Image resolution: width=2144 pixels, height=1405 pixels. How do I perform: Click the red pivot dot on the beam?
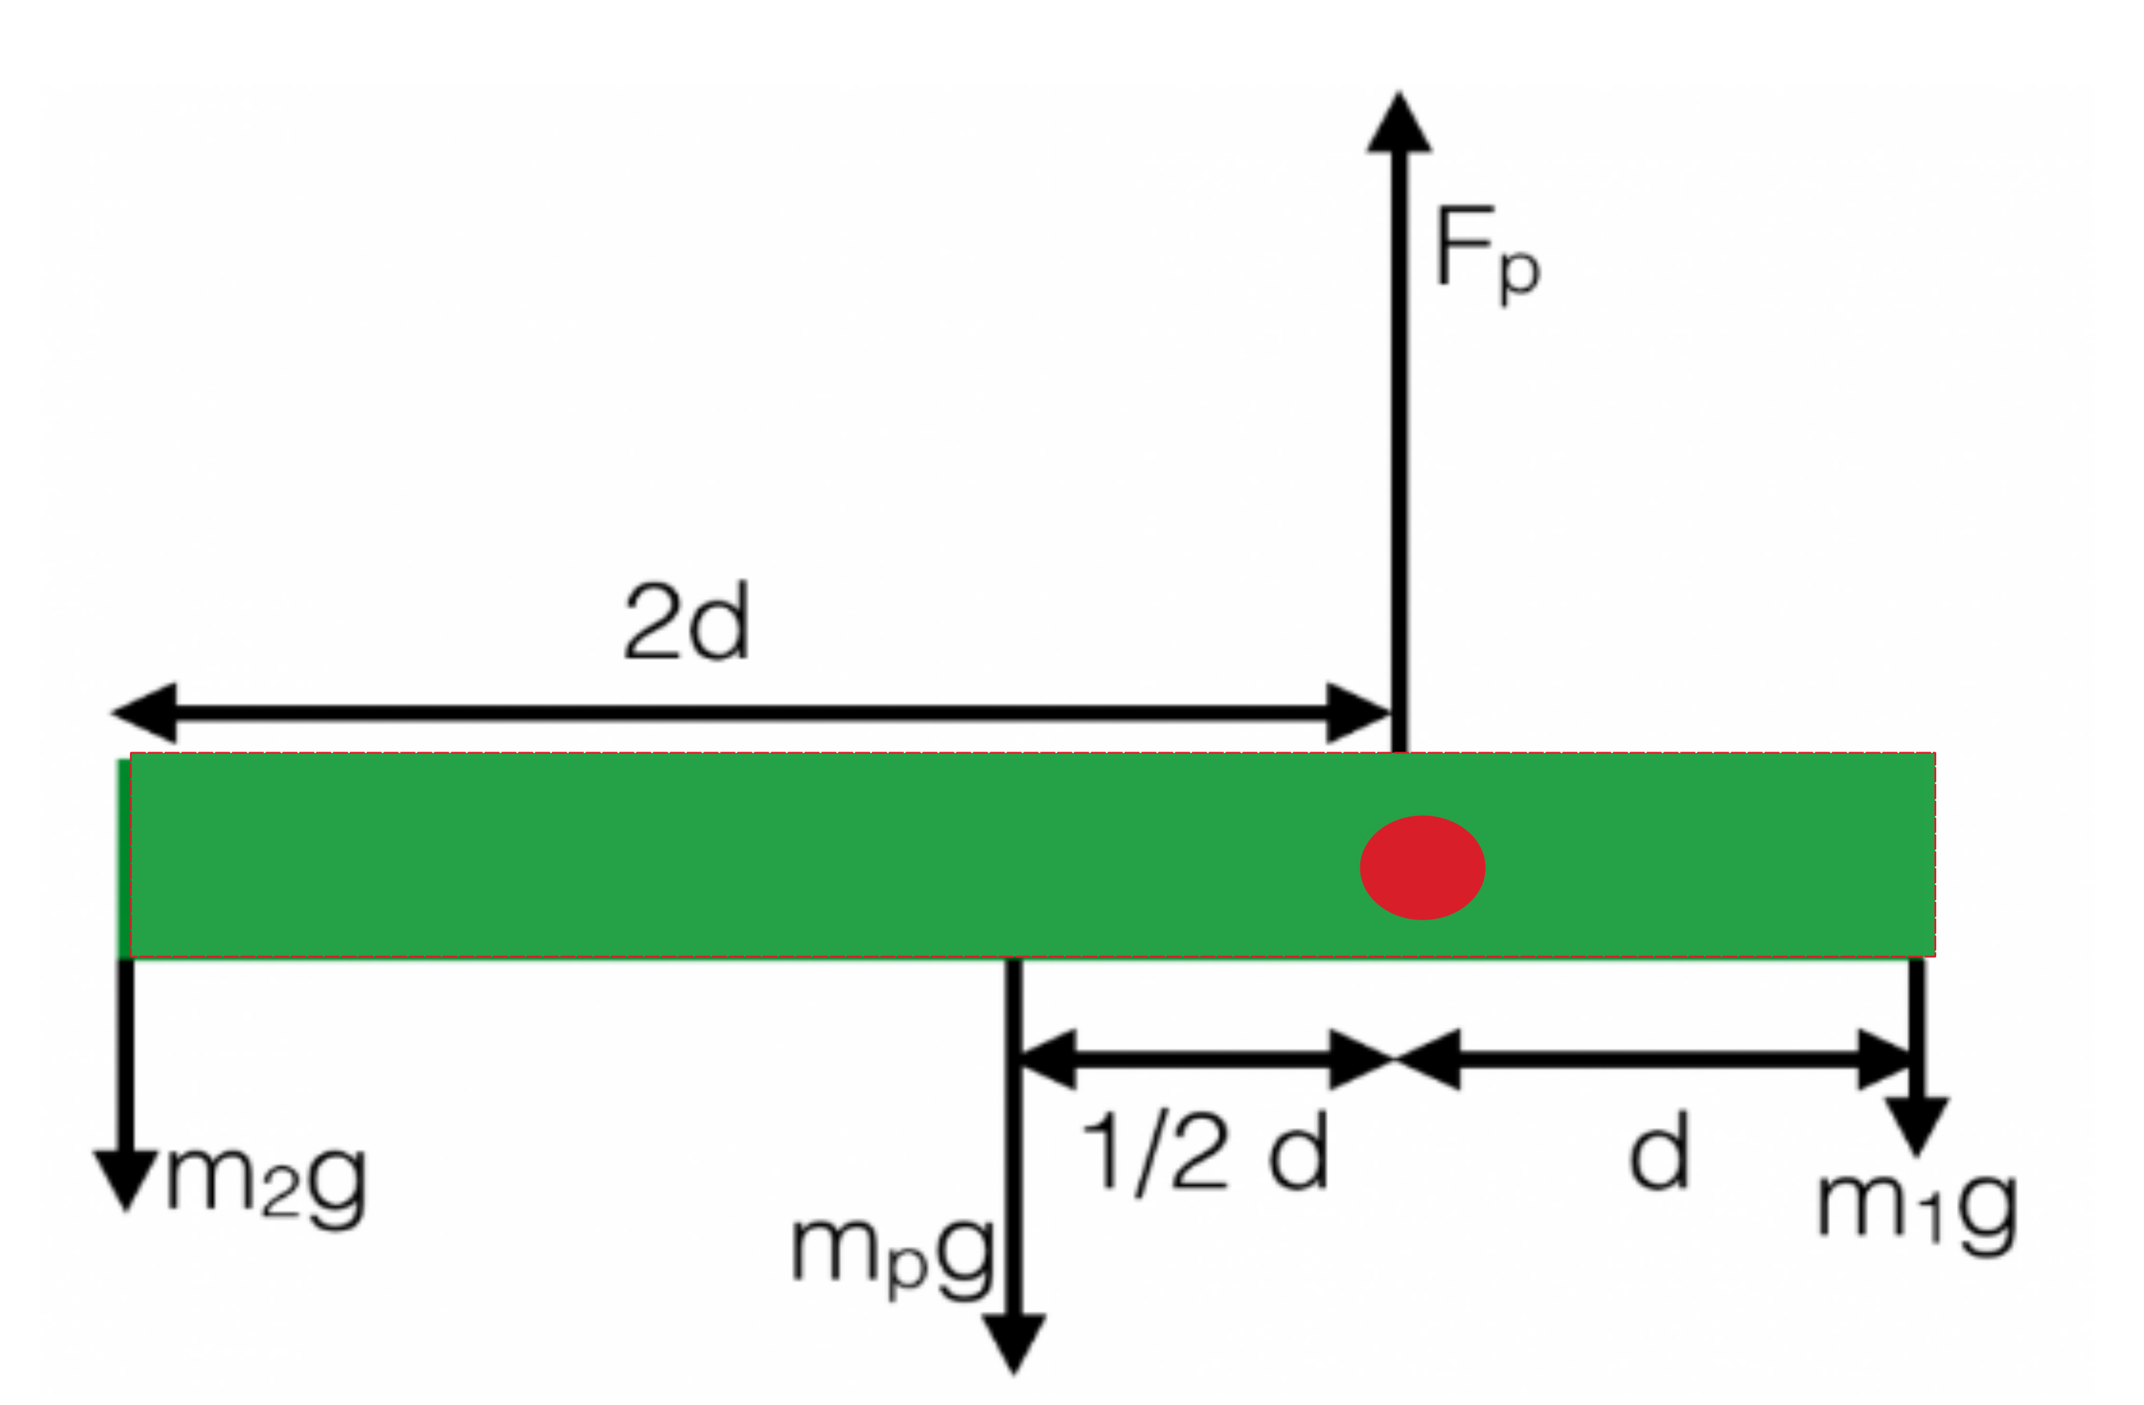pyautogui.click(x=1423, y=867)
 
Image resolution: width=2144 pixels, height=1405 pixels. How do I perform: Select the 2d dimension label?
pyautogui.click(x=686, y=622)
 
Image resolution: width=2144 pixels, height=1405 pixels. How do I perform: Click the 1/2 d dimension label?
pyautogui.click(x=1204, y=1153)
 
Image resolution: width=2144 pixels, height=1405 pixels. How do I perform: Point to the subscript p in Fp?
pyautogui.click(x=1520, y=274)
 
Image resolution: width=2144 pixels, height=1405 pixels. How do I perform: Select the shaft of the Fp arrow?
pyautogui.click(x=1400, y=450)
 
